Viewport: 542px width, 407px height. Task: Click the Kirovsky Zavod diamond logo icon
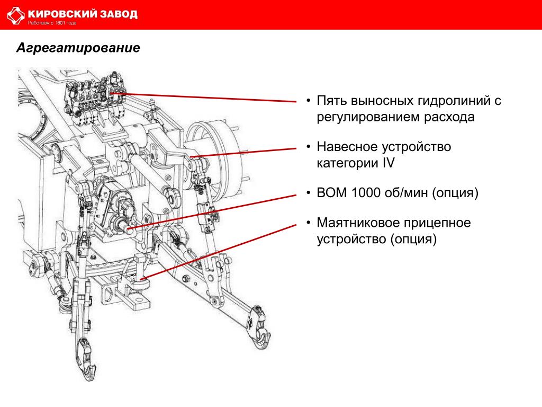point(16,15)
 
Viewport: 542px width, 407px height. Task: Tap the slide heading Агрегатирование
point(78,47)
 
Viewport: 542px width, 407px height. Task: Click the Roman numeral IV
point(389,163)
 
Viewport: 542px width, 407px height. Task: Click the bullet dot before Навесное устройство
point(309,147)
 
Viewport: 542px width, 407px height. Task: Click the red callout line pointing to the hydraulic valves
point(204,98)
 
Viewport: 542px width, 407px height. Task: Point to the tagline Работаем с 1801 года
point(52,23)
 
